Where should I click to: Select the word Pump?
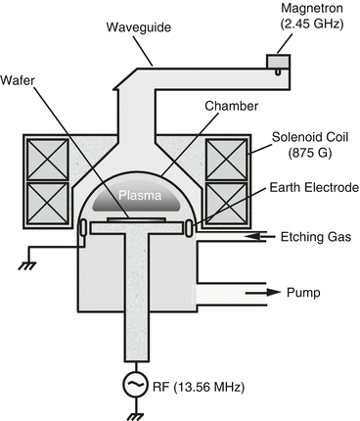pos(305,291)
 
